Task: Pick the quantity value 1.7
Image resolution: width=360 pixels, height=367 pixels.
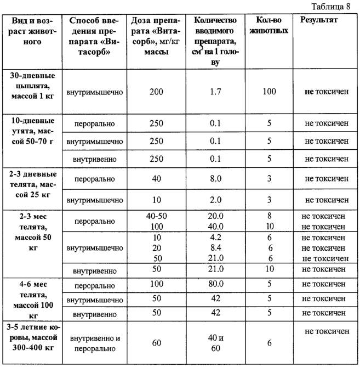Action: pyautogui.click(x=215, y=92)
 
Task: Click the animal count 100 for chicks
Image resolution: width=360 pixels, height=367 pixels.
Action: pyautogui.click(x=269, y=91)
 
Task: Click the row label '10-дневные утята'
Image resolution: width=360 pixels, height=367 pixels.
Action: pyautogui.click(x=34, y=131)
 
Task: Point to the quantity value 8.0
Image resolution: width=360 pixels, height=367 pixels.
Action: pyautogui.click(x=215, y=179)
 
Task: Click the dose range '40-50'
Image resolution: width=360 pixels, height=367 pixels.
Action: pyautogui.click(x=156, y=216)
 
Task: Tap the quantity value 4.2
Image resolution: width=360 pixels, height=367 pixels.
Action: pyautogui.click(x=215, y=238)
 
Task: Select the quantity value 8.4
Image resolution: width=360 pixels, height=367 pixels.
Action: pyautogui.click(x=215, y=247)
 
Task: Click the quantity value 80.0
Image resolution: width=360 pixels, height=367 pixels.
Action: pyautogui.click(x=215, y=285)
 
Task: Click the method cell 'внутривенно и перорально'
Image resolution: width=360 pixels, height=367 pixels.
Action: pyautogui.click(x=91, y=343)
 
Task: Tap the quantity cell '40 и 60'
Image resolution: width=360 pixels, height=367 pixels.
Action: pyautogui.click(x=215, y=343)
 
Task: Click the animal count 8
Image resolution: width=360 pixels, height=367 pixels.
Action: pyautogui.click(x=269, y=216)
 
